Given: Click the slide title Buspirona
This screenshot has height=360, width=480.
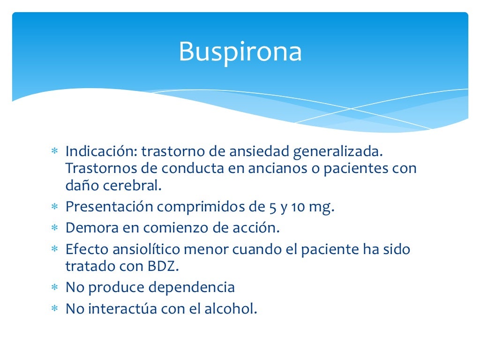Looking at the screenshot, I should pyautogui.click(x=240, y=52).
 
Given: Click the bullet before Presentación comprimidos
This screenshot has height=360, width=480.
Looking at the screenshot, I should pyautogui.click(x=54, y=207).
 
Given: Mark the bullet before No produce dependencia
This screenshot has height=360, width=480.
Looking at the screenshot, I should pyautogui.click(x=54, y=287).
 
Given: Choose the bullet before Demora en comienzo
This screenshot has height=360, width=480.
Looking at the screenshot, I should pyautogui.click(x=54, y=228).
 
